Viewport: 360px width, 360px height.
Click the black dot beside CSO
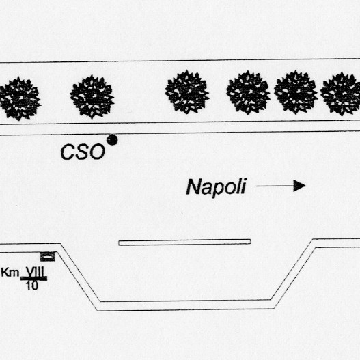click(x=112, y=140)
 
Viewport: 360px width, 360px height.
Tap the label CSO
click(x=83, y=152)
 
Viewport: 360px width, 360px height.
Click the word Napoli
click(x=217, y=187)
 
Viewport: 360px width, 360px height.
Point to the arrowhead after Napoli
click(x=299, y=186)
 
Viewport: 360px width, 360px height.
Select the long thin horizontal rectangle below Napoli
click(x=184, y=243)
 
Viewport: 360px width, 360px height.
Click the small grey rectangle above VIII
click(x=48, y=256)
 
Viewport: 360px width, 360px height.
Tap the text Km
click(x=10, y=273)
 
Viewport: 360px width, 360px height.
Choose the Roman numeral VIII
click(x=35, y=272)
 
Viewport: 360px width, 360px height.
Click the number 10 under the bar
click(x=32, y=286)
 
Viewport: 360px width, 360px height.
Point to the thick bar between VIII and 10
click(x=33, y=279)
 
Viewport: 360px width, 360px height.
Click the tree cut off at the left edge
click(x=20, y=99)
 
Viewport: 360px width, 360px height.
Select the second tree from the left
click(x=92, y=96)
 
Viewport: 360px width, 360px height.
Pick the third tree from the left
click(x=187, y=92)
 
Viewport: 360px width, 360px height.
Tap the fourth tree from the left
click(x=248, y=92)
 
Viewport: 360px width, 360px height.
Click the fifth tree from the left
click(x=296, y=92)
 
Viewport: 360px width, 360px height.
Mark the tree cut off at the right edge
click(x=340, y=94)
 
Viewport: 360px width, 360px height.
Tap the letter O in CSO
click(x=96, y=152)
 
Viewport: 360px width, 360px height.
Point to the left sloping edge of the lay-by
click(x=79, y=277)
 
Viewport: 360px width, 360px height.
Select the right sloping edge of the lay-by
click(x=294, y=274)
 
